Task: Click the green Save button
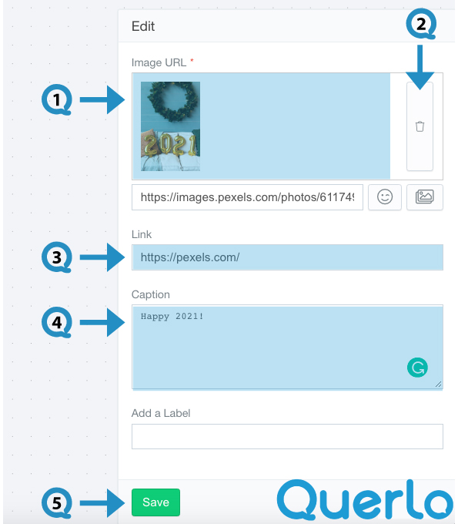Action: (155, 502)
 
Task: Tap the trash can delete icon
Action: (420, 126)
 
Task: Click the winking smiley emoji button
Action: (385, 196)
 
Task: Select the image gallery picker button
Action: (425, 196)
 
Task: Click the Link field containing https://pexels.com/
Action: (287, 257)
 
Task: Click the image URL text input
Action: (247, 197)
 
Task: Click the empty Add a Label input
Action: (287, 436)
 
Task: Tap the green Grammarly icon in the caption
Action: (417, 368)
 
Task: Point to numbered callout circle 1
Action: (57, 99)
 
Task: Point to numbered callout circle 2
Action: (421, 24)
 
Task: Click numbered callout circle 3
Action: (57, 257)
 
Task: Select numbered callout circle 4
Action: (57, 322)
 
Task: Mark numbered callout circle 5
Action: (57, 502)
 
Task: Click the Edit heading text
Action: (143, 26)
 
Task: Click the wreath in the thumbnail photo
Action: (172, 101)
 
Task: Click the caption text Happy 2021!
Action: (172, 316)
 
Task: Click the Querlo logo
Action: (366, 500)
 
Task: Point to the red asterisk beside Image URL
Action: (192, 60)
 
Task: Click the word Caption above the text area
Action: (151, 294)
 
